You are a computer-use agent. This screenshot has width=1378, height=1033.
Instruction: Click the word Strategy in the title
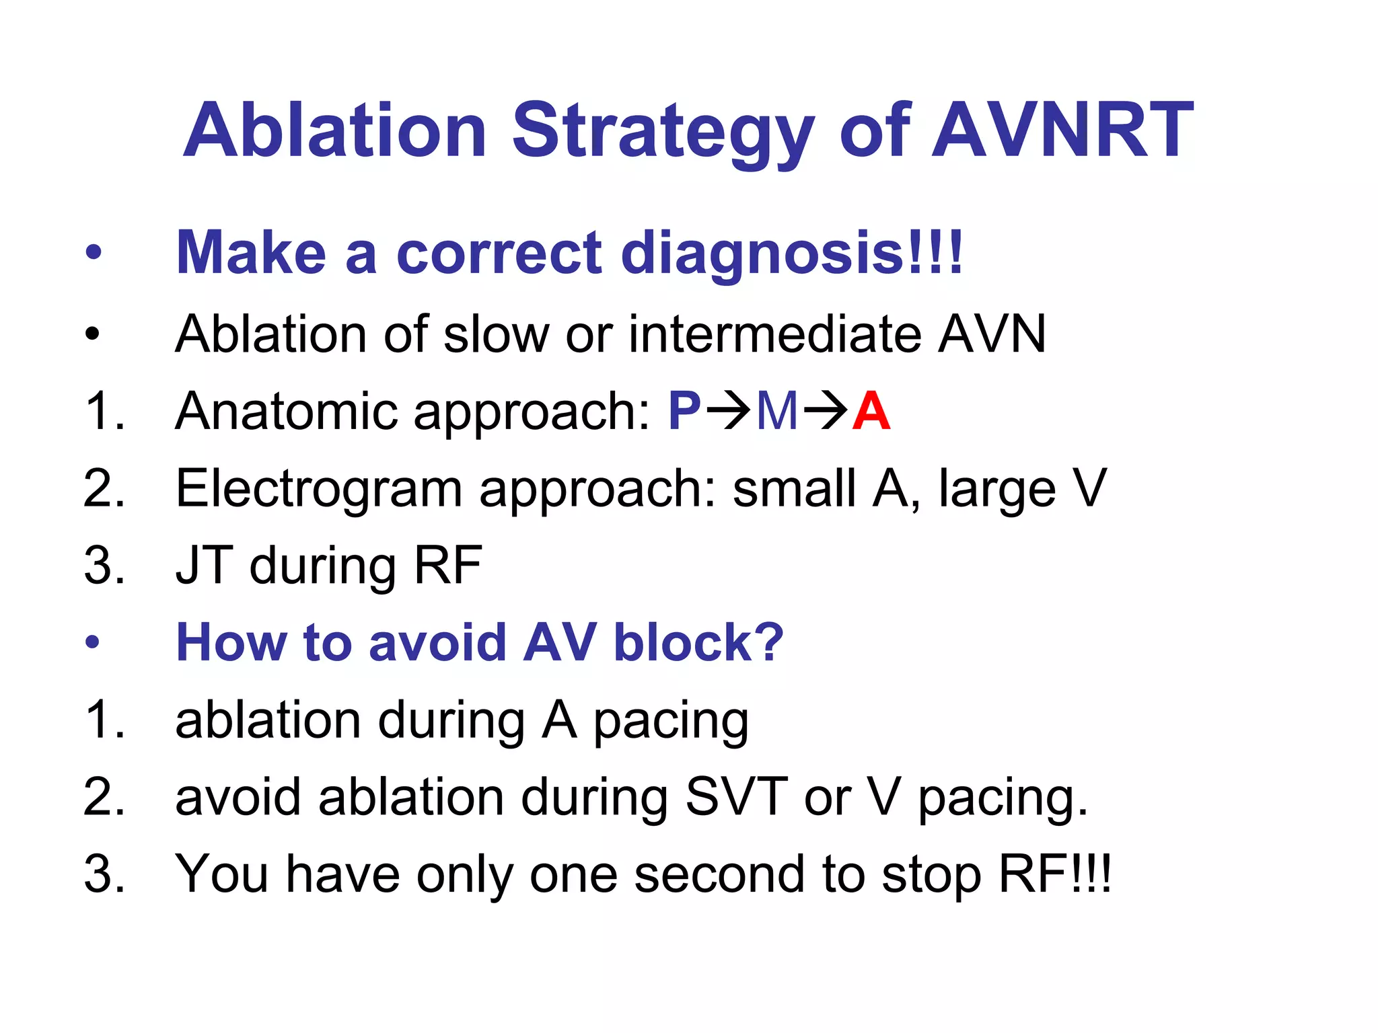click(x=663, y=130)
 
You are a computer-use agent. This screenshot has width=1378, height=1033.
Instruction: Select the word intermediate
click(x=774, y=334)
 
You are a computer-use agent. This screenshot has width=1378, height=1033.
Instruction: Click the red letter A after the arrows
click(x=871, y=411)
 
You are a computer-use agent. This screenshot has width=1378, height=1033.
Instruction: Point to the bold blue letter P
click(x=684, y=411)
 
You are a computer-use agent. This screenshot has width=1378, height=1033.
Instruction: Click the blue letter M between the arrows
click(x=777, y=411)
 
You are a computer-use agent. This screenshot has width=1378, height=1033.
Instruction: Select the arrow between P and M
click(x=727, y=411)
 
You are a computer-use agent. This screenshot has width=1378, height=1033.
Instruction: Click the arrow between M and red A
click(x=825, y=411)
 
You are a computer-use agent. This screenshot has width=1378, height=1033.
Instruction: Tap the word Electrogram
click(x=318, y=489)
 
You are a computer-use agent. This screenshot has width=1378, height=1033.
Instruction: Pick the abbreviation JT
click(x=204, y=566)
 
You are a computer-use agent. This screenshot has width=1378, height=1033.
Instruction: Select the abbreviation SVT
click(x=736, y=797)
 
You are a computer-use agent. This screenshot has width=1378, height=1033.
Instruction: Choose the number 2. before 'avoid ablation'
click(x=104, y=797)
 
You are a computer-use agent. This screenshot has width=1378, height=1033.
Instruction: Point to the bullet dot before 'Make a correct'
click(x=93, y=254)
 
